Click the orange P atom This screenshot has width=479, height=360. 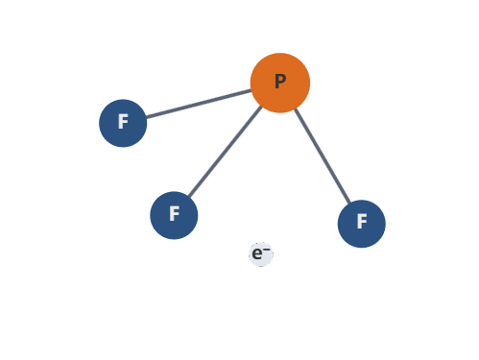[x=279, y=83]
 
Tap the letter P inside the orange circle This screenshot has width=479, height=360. [x=280, y=82]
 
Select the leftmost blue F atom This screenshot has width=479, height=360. [x=123, y=123]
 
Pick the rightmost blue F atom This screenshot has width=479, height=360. [x=361, y=223]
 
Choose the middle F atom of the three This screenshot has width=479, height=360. [x=174, y=214]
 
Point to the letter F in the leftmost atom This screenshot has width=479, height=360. [x=123, y=122]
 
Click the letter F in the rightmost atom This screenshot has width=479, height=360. [x=362, y=222]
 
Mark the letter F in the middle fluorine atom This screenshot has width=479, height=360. [x=174, y=213]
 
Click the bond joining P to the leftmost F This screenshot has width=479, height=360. [x=199, y=104]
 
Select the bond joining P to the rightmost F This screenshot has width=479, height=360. [x=322, y=156]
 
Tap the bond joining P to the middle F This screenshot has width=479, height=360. [x=226, y=151]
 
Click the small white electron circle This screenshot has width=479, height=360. [x=261, y=253]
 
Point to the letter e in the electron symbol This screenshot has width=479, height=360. [x=257, y=254]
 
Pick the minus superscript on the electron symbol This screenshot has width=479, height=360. [x=267, y=249]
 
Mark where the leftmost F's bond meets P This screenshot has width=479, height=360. [x=251, y=90]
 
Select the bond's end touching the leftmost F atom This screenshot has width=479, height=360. [x=147, y=117]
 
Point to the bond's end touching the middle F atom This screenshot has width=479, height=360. [x=188, y=196]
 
